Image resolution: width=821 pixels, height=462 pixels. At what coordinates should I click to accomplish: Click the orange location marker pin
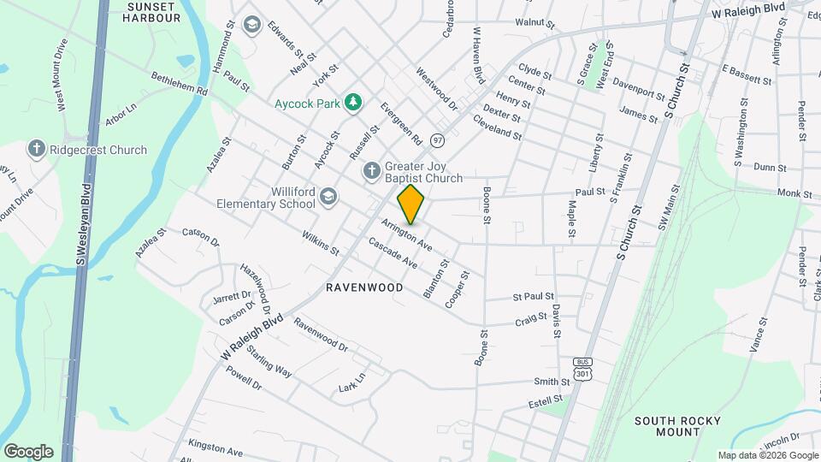pyautogui.click(x=411, y=204)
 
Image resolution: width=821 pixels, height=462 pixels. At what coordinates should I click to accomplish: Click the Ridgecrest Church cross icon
pyautogui.click(x=37, y=150)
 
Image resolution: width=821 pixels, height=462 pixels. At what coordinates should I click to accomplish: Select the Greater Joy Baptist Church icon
pyautogui.click(x=371, y=171)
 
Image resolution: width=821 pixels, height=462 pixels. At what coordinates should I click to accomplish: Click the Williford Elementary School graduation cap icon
pyautogui.click(x=328, y=198)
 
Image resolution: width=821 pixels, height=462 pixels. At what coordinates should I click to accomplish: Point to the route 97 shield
pyautogui.click(x=438, y=139)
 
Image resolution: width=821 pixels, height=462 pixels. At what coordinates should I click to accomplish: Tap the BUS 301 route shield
pyautogui.click(x=582, y=369)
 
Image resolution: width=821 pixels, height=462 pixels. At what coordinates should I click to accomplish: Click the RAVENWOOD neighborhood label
pyautogui.click(x=364, y=288)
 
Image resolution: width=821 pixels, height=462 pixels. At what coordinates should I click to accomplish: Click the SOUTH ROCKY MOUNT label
pyautogui.click(x=678, y=426)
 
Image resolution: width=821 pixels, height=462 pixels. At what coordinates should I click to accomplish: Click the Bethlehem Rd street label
pyautogui.click(x=180, y=84)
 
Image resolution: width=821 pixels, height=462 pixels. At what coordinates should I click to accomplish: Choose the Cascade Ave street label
pyautogui.click(x=393, y=253)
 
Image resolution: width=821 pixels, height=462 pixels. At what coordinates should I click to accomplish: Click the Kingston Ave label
pyautogui.click(x=216, y=448)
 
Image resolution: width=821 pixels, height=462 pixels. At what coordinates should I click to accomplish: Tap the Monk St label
pyautogui.click(x=794, y=194)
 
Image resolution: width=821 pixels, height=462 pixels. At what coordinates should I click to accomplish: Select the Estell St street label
pyautogui.click(x=545, y=400)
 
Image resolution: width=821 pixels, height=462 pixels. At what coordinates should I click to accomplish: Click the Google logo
pyautogui.click(x=28, y=451)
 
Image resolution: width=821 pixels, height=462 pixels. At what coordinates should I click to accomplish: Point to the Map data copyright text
pyautogui.click(x=768, y=455)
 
